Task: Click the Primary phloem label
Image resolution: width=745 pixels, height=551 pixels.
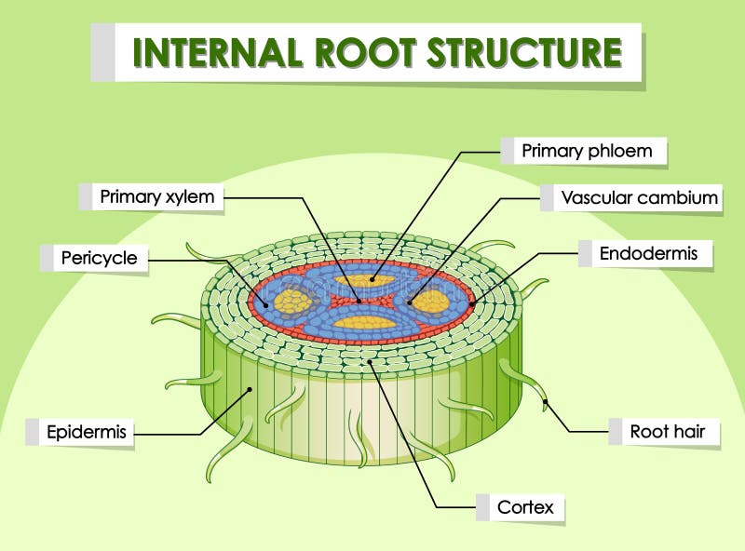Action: (x=586, y=150)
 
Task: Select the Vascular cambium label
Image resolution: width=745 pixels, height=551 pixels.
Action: (x=639, y=197)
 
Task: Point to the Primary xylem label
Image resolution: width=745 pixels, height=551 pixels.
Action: (x=157, y=196)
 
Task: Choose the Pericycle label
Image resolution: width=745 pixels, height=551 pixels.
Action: (x=99, y=258)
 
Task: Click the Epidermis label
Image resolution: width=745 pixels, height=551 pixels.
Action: (x=83, y=432)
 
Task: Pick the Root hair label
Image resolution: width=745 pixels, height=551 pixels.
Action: (x=667, y=431)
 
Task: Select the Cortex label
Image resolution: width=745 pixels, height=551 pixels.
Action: (x=525, y=507)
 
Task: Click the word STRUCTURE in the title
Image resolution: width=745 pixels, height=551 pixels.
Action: (x=524, y=52)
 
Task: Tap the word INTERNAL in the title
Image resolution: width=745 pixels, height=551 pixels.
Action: (x=217, y=52)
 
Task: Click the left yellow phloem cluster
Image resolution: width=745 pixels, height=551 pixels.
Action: (x=291, y=301)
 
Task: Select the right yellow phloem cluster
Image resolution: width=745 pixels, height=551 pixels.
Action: (x=432, y=302)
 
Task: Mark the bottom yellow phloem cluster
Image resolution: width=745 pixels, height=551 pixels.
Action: (x=364, y=323)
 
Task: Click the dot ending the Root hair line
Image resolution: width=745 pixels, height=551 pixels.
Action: (x=547, y=404)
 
